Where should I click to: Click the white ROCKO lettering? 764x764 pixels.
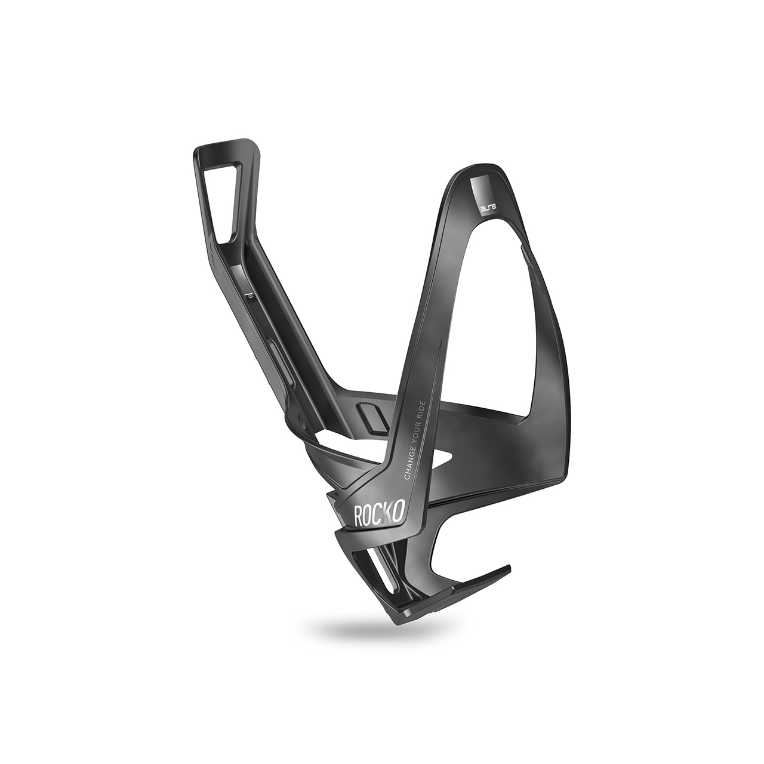pos(380,515)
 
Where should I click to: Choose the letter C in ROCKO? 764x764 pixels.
pos(380,515)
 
